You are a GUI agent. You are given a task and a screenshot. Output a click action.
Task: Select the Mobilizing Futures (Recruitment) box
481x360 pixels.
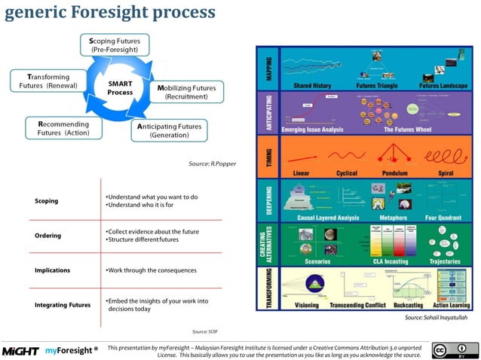pos(186,93)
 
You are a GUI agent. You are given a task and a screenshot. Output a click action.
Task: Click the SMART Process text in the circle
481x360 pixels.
pos(120,87)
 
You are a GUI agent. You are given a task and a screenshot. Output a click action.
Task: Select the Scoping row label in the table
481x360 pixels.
pos(47,201)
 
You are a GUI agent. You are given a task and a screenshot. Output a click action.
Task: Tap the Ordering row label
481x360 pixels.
pos(47,235)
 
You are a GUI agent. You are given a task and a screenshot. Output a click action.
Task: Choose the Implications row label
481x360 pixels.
pos(52,269)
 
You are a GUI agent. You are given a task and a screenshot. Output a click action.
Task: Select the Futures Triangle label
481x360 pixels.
pos(376,86)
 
